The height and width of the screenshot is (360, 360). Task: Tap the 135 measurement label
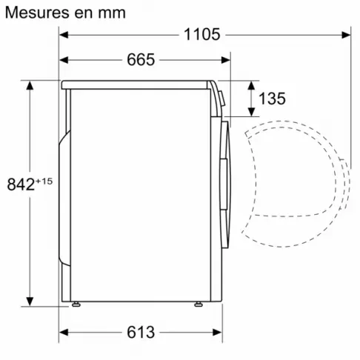pos(272,99)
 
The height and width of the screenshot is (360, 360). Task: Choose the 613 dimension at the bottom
pos(141,333)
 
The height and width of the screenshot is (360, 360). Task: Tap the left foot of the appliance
pos(76,302)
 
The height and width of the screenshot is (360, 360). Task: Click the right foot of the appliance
pos(198,302)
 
